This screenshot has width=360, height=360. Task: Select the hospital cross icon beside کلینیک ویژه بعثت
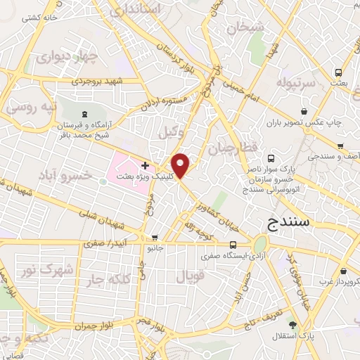[x=145, y=166]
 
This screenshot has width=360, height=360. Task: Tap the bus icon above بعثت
[x=339, y=72]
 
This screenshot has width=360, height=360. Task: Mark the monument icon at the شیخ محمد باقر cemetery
[x=85, y=115]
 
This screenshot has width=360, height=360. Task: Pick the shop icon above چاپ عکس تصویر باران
[x=304, y=111]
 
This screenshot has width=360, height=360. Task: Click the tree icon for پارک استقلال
[x=292, y=325]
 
